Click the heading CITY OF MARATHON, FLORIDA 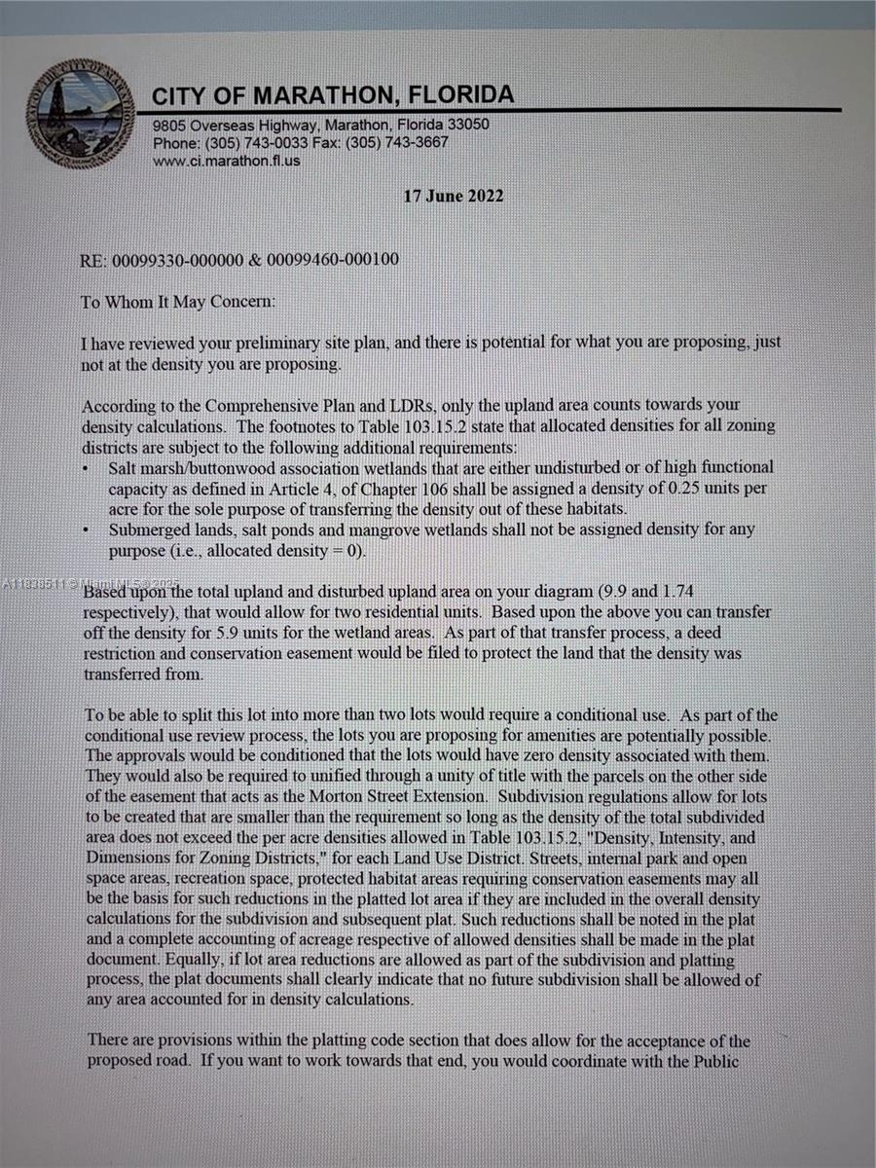click(x=333, y=95)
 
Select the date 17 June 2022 click(x=454, y=196)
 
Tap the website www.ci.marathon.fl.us click(x=227, y=160)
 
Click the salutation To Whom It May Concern click(x=178, y=302)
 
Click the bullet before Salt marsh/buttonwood click(x=89, y=469)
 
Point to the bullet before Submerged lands click(x=89, y=531)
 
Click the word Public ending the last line click(x=714, y=1060)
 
